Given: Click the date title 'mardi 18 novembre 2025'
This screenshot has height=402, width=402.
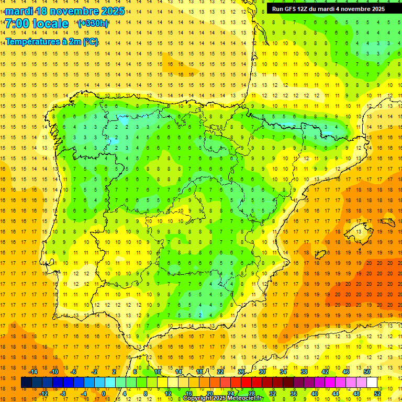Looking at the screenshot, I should (x=65, y=11).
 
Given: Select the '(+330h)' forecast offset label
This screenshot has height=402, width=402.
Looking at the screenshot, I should (x=93, y=24).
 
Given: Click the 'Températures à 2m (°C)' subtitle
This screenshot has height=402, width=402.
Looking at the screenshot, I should (x=52, y=42).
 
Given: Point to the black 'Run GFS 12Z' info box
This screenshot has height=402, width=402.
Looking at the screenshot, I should (x=328, y=8).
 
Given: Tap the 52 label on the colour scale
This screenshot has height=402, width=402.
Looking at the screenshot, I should (x=377, y=393).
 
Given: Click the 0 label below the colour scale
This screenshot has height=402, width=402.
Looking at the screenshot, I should (x=104, y=393).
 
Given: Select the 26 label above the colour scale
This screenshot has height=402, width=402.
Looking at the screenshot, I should (x=241, y=372).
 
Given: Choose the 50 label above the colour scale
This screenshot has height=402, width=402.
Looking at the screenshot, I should (x=366, y=372).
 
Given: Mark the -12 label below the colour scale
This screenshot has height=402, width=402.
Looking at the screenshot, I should (x=43, y=393).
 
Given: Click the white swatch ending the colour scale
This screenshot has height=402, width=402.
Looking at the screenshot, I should (x=372, y=383).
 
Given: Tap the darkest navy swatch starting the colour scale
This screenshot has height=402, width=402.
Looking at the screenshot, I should (x=26, y=383).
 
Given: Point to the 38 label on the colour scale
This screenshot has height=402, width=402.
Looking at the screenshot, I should (x=304, y=372).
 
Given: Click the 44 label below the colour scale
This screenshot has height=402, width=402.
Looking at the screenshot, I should (x=336, y=393).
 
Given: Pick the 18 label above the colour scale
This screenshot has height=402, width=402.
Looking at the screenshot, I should (x=199, y=372).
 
